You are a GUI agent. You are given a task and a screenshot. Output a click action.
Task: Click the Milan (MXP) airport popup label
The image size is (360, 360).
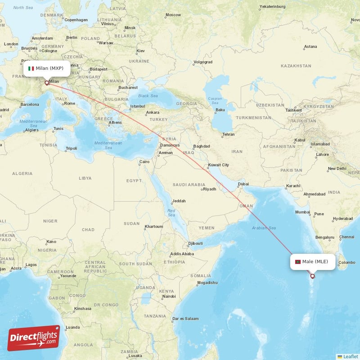47,68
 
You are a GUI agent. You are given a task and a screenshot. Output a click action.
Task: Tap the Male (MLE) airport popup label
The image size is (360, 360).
313,261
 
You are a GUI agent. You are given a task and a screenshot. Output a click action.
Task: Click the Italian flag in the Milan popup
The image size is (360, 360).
31,68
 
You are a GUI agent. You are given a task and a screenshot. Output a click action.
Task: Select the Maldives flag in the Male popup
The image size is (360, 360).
297,261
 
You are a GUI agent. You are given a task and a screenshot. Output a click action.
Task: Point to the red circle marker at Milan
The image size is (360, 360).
46,83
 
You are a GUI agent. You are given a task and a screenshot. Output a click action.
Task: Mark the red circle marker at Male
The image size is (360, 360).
312,276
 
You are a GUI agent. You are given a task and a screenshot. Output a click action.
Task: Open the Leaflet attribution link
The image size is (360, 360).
350,356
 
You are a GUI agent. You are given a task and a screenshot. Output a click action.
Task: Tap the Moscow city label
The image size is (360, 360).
173,15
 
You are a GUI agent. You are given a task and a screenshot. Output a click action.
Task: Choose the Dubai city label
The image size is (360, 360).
243,184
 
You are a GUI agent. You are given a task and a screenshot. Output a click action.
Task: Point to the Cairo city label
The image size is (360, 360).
144,162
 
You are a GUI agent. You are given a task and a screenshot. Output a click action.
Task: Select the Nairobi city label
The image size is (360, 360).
169,296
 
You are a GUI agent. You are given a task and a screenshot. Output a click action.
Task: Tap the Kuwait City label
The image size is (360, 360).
218,165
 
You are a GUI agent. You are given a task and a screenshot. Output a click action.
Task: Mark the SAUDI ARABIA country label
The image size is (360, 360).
189,184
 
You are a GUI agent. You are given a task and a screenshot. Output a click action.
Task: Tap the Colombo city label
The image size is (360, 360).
347,262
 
